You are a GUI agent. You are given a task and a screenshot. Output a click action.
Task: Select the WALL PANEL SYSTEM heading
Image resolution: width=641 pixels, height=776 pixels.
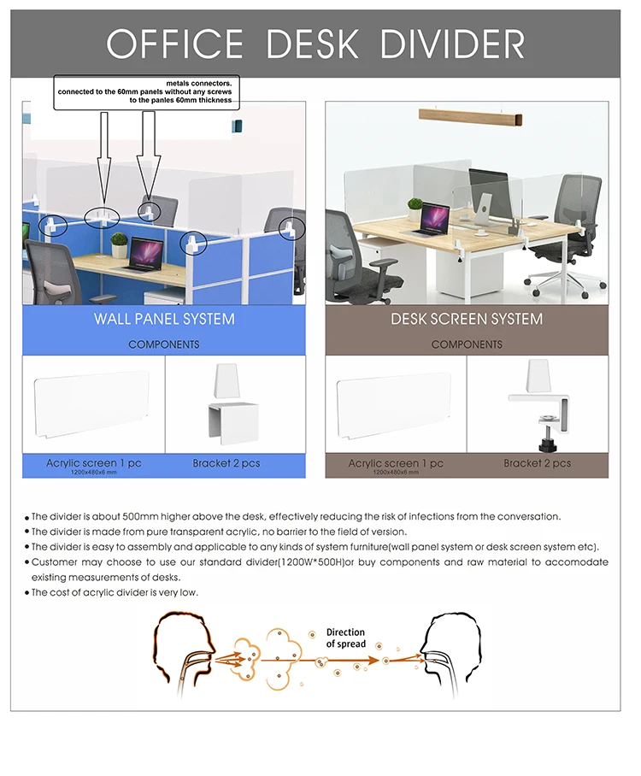[x=164, y=319]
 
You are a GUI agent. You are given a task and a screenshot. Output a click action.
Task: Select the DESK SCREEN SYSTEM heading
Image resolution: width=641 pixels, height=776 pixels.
[x=467, y=319]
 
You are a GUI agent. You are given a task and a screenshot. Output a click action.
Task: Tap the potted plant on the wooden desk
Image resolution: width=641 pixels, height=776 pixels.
[x=415, y=209]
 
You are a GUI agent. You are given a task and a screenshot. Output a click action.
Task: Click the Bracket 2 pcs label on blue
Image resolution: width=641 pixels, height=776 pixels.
[x=226, y=463]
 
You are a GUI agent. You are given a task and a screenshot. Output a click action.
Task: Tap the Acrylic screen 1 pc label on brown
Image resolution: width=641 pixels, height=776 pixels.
[x=396, y=463]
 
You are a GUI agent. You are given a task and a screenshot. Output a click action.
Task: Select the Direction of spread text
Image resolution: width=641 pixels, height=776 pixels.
[x=345, y=638]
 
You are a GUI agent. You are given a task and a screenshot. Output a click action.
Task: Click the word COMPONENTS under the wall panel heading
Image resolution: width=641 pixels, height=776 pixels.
[x=164, y=344]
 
